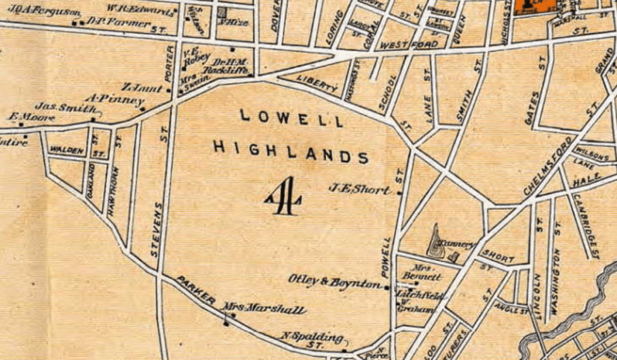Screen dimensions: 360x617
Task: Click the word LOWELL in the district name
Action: pos(292,118)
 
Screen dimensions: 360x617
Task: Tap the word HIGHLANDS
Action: pos(290,150)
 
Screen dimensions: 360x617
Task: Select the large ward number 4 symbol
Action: pos(284,196)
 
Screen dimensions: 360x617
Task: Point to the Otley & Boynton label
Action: pos(334,280)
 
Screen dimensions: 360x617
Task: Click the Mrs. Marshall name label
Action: pos(265,310)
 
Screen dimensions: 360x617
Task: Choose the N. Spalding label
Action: pos(312,338)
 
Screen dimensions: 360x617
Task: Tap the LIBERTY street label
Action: pos(318,84)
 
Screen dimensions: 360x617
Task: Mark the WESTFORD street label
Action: pos(402,45)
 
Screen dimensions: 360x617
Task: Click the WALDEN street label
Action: pos(66,150)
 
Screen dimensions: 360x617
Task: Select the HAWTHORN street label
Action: pos(112,192)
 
